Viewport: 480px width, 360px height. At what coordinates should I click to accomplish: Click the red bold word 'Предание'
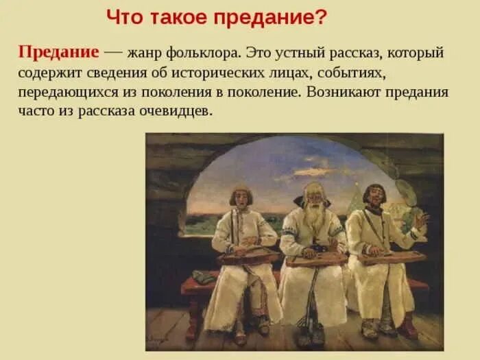59,53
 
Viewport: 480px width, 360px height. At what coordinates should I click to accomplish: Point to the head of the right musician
374,194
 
